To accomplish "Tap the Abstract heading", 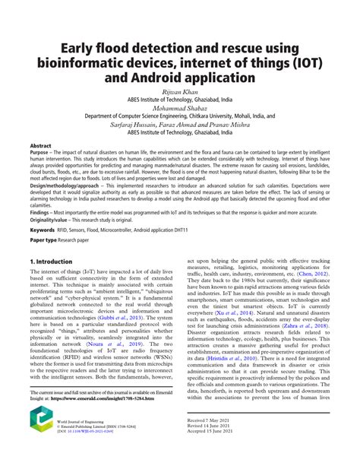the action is click(40, 144).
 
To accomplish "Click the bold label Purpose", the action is click(43, 152).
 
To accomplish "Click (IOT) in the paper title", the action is click(312, 62).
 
